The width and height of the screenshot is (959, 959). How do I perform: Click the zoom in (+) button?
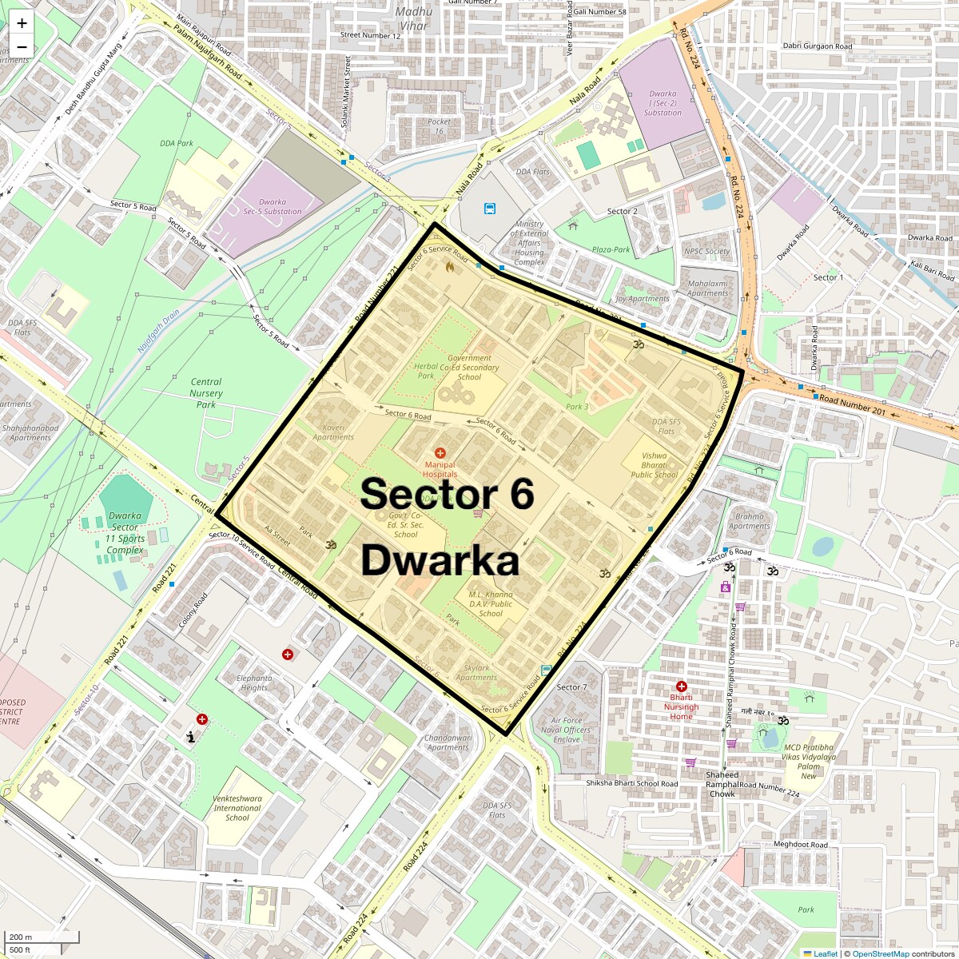(22, 24)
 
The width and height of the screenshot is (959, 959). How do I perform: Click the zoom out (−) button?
(22, 46)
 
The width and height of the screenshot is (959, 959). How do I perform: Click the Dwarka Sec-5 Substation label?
(273, 206)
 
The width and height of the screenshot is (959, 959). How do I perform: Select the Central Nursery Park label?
(206, 393)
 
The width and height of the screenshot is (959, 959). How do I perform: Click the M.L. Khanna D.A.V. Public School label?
(491, 603)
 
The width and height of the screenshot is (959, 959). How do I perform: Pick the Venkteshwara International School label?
(237, 807)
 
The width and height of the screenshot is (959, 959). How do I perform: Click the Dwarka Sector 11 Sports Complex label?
(125, 533)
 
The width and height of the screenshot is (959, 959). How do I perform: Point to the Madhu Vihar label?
(413, 18)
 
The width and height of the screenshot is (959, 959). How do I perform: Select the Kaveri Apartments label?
(333, 432)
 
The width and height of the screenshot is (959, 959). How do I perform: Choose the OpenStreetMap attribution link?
(880, 953)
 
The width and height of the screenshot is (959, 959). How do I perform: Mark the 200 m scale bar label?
(21, 937)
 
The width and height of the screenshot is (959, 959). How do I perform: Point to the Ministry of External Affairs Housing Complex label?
(529, 244)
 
